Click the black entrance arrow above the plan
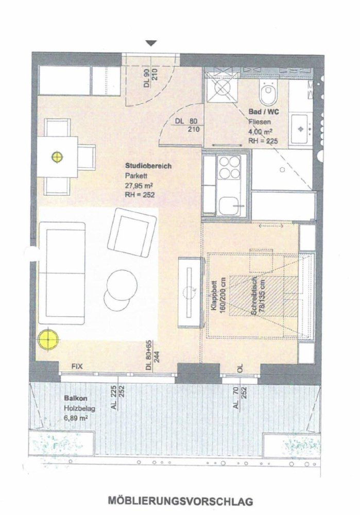point(150,43)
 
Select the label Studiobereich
point(144,166)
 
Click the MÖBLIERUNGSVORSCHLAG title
point(180,500)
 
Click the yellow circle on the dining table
point(57,157)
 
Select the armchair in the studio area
point(132,231)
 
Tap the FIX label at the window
point(77,367)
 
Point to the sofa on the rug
point(62,273)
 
